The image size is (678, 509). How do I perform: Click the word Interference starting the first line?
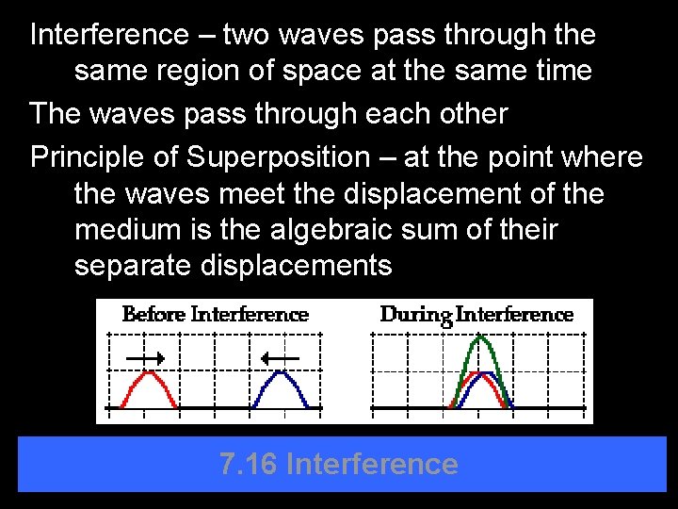coord(109,35)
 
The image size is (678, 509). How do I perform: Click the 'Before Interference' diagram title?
coord(216,315)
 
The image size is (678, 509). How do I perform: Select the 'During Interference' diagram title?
coord(476,315)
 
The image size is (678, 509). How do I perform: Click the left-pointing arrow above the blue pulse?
coord(280,358)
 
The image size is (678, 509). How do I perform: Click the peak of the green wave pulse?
coord(482,338)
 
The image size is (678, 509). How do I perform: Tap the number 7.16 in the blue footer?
coord(248,464)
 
